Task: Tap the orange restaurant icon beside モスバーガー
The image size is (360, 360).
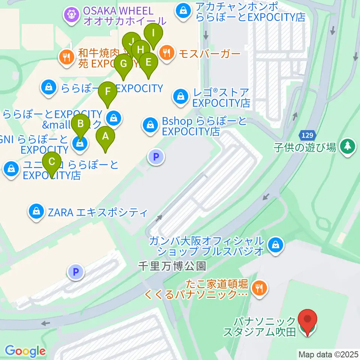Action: [166, 53]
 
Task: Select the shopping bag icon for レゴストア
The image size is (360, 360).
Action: [180, 96]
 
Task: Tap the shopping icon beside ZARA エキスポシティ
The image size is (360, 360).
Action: [36, 213]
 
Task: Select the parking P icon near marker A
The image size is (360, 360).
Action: [156, 156]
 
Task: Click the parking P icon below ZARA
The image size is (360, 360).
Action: [76, 272]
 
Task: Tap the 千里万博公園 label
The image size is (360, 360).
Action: [172, 266]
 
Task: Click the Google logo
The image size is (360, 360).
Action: [25, 351]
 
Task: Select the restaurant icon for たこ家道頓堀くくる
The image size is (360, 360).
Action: [259, 288]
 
